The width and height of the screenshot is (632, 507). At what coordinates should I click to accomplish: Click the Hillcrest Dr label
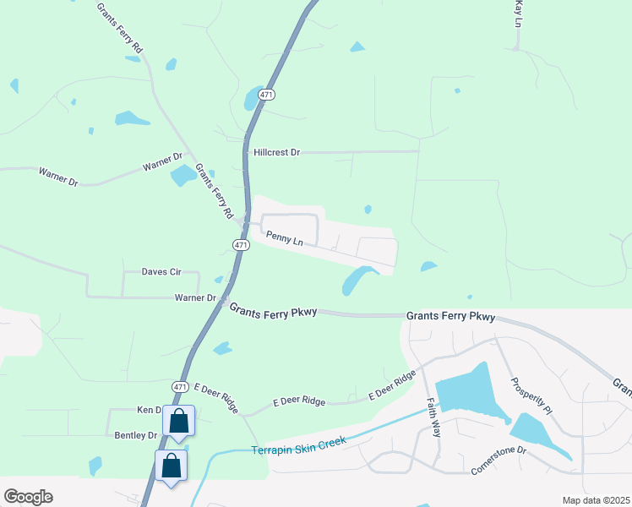(277, 153)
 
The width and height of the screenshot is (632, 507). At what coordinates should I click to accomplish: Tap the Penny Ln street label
(284, 240)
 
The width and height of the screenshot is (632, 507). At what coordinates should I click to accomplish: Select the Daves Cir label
(161, 271)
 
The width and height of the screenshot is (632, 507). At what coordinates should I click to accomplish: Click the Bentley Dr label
(135, 435)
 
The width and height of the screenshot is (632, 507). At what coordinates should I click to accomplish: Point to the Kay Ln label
(519, 14)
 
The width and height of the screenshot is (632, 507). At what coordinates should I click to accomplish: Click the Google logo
(28, 497)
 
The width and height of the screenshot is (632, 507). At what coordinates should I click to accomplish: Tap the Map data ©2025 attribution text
(596, 500)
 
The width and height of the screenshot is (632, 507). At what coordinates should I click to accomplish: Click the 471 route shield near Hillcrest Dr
(266, 96)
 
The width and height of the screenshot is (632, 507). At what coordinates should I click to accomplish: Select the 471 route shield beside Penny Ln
(241, 245)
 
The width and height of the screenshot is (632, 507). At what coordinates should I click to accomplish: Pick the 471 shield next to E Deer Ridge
(180, 386)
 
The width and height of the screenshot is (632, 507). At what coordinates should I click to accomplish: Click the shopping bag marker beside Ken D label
(179, 419)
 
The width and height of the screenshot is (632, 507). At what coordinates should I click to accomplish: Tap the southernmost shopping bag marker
(171, 465)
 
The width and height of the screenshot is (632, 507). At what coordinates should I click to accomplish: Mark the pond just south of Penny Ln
(359, 280)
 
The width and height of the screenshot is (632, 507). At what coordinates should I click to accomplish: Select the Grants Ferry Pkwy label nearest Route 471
(273, 311)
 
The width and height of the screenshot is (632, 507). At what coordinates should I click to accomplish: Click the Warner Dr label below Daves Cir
(196, 297)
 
